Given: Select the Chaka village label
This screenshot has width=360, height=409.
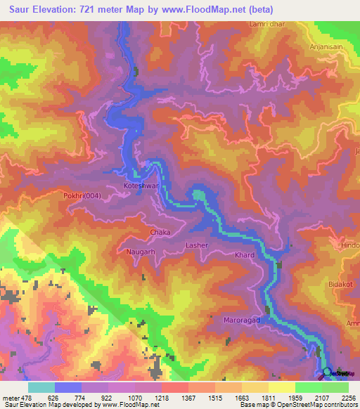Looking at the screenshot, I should pyautogui.click(x=160, y=231).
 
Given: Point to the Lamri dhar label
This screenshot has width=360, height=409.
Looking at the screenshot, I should pyautogui.click(x=265, y=24).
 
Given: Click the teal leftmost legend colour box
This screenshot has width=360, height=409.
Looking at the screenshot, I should pyautogui.click(x=41, y=387).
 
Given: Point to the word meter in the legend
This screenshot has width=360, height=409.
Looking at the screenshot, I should pyautogui.click(x=11, y=397).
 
